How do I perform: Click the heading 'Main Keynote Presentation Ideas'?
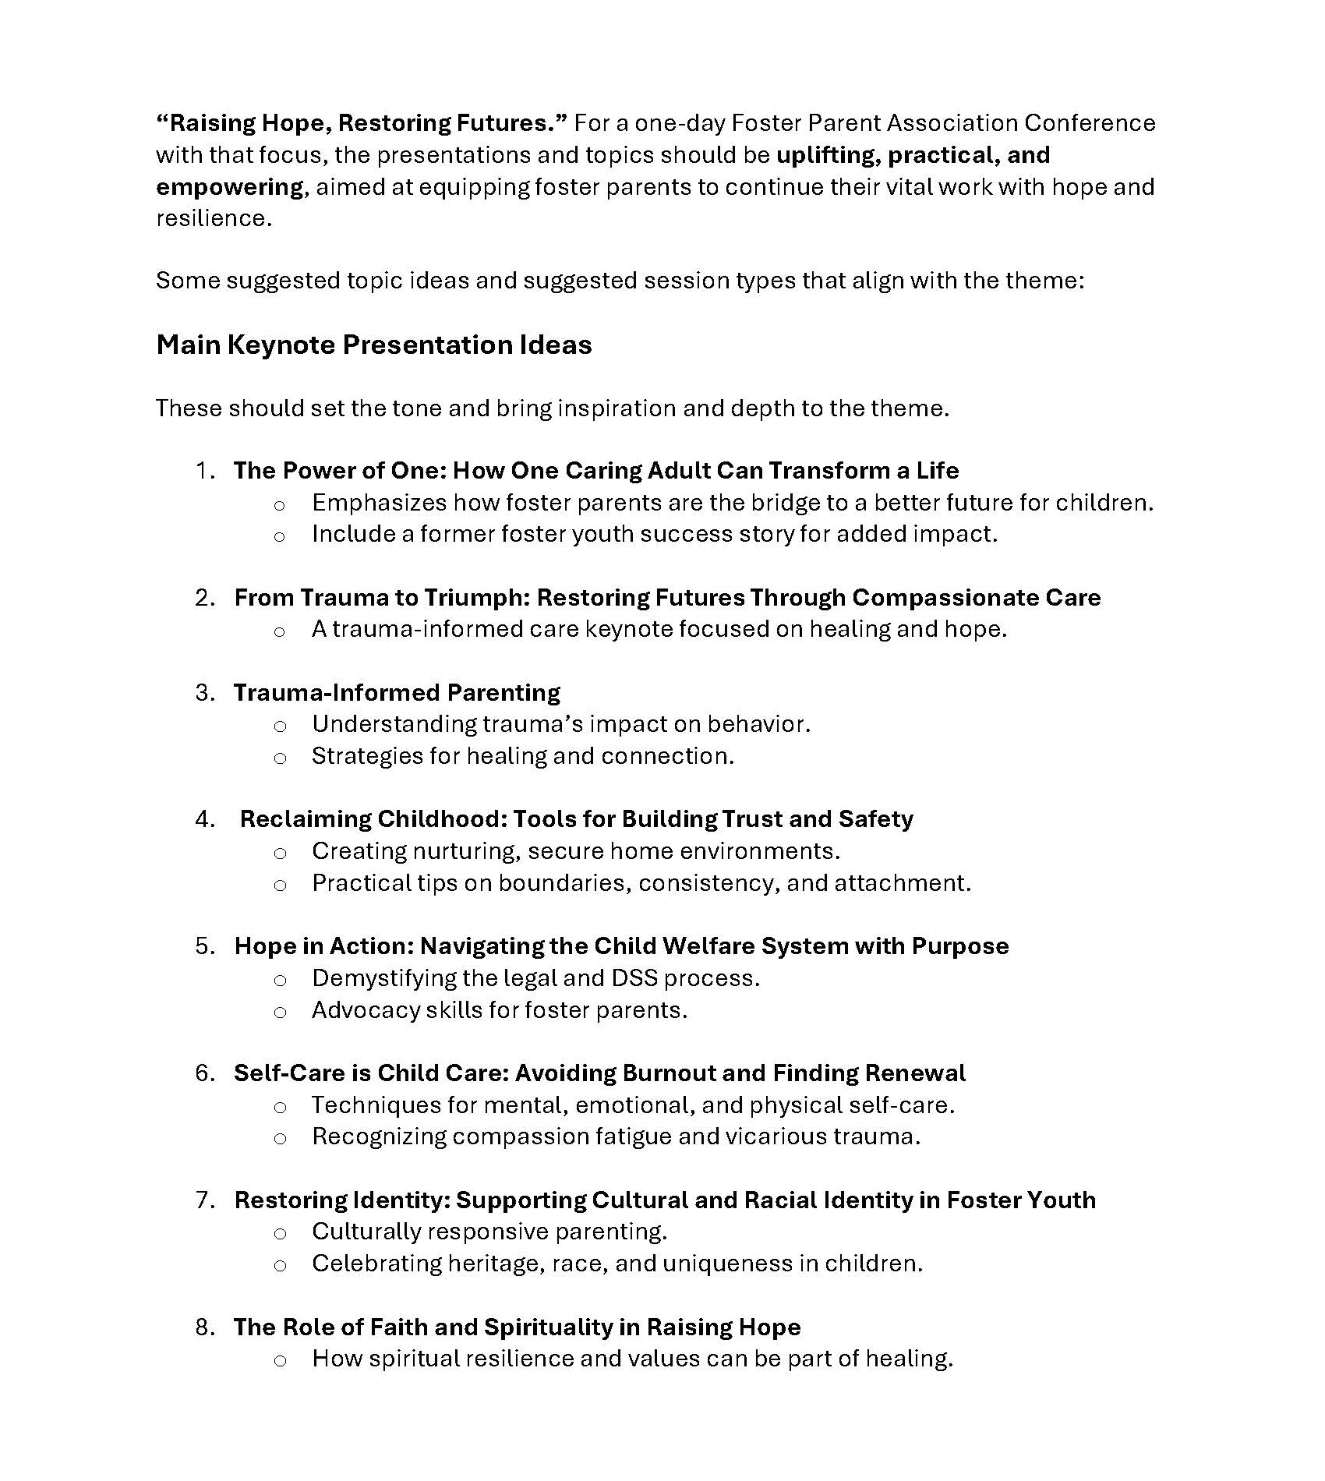click(x=374, y=345)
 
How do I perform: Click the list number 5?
click(x=204, y=946)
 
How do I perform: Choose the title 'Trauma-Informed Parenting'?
click(x=397, y=693)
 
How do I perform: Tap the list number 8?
click(x=204, y=1327)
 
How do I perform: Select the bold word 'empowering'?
click(x=229, y=187)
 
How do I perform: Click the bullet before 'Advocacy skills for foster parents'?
click(x=280, y=1013)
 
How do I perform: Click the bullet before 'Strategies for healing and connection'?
click(x=280, y=758)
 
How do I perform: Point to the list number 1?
click(x=204, y=471)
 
